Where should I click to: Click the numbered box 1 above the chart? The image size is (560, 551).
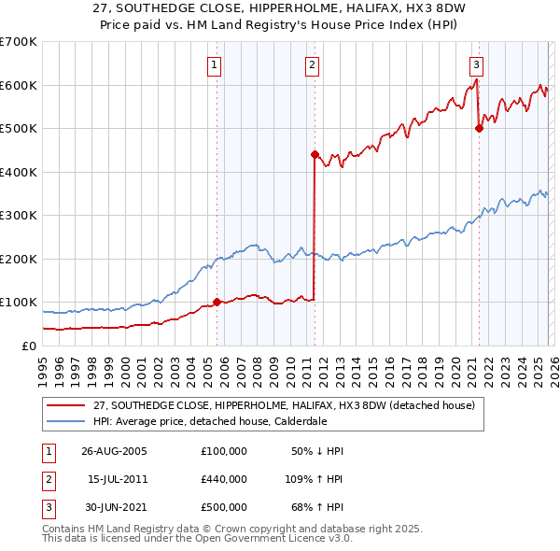click(215, 65)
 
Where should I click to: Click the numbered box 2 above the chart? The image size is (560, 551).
click(312, 65)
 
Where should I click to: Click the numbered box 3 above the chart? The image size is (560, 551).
click(476, 65)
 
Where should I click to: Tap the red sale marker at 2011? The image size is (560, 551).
click(315, 154)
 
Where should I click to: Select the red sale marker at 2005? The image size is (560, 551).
click(217, 302)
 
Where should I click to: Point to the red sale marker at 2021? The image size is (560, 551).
click(479, 129)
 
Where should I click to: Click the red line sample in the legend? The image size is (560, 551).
click(66, 405)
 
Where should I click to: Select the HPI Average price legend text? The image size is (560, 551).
click(210, 421)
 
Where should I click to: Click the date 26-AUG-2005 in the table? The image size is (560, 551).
click(114, 451)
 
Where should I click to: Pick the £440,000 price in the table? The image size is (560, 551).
click(224, 479)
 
